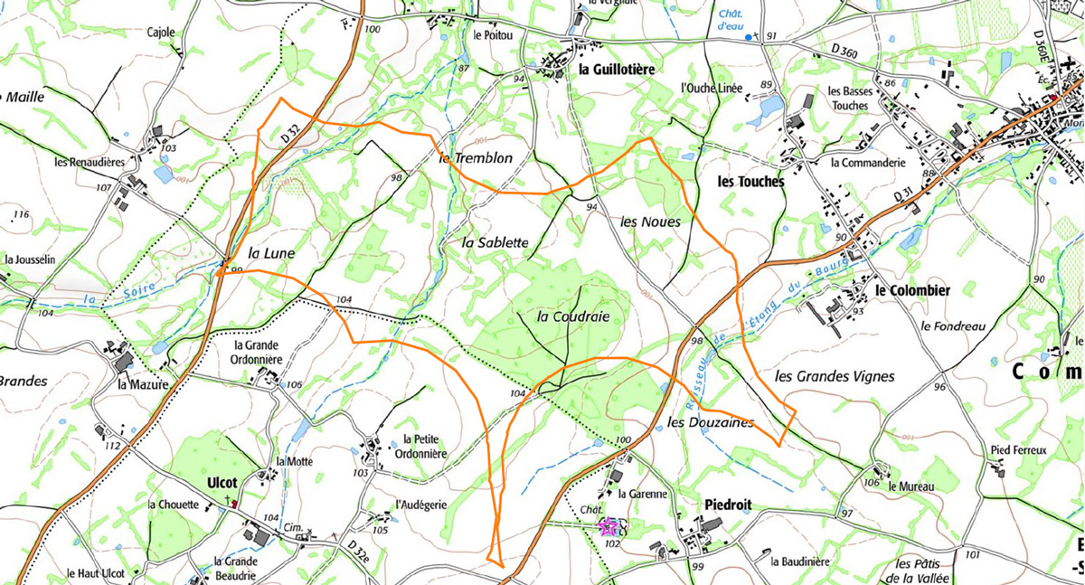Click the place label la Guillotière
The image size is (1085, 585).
coord(616,69)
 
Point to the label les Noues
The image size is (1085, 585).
coord(651,222)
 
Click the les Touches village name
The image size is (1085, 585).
coord(750,181)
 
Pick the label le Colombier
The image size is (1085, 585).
coord(912,290)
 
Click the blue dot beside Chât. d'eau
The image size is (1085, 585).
coord(748,37)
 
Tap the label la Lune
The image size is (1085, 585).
coord(271,254)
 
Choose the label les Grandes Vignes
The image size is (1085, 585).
coord(835,376)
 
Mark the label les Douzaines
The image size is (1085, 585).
coord(711,422)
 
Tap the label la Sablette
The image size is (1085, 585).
coord(495,242)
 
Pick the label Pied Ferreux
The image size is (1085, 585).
coord(1017,449)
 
